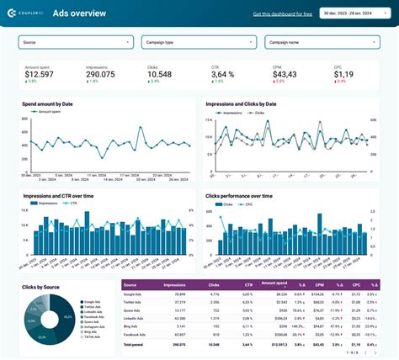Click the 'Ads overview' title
pyautogui.click(x=79, y=13)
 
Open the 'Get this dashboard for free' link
pyautogui.click(x=283, y=13)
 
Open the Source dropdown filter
pyautogui.click(x=76, y=41)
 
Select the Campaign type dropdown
pyautogui.click(x=198, y=41)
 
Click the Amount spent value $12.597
pyautogui.click(x=41, y=74)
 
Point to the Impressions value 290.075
pyautogui.click(x=102, y=74)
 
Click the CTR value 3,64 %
pyautogui.click(x=224, y=74)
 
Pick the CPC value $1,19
pyautogui.click(x=343, y=74)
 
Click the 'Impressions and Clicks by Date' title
pyautogui.click(x=247, y=103)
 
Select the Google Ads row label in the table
pyautogui.click(x=133, y=295)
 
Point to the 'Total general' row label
pyautogui.click(x=136, y=344)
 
